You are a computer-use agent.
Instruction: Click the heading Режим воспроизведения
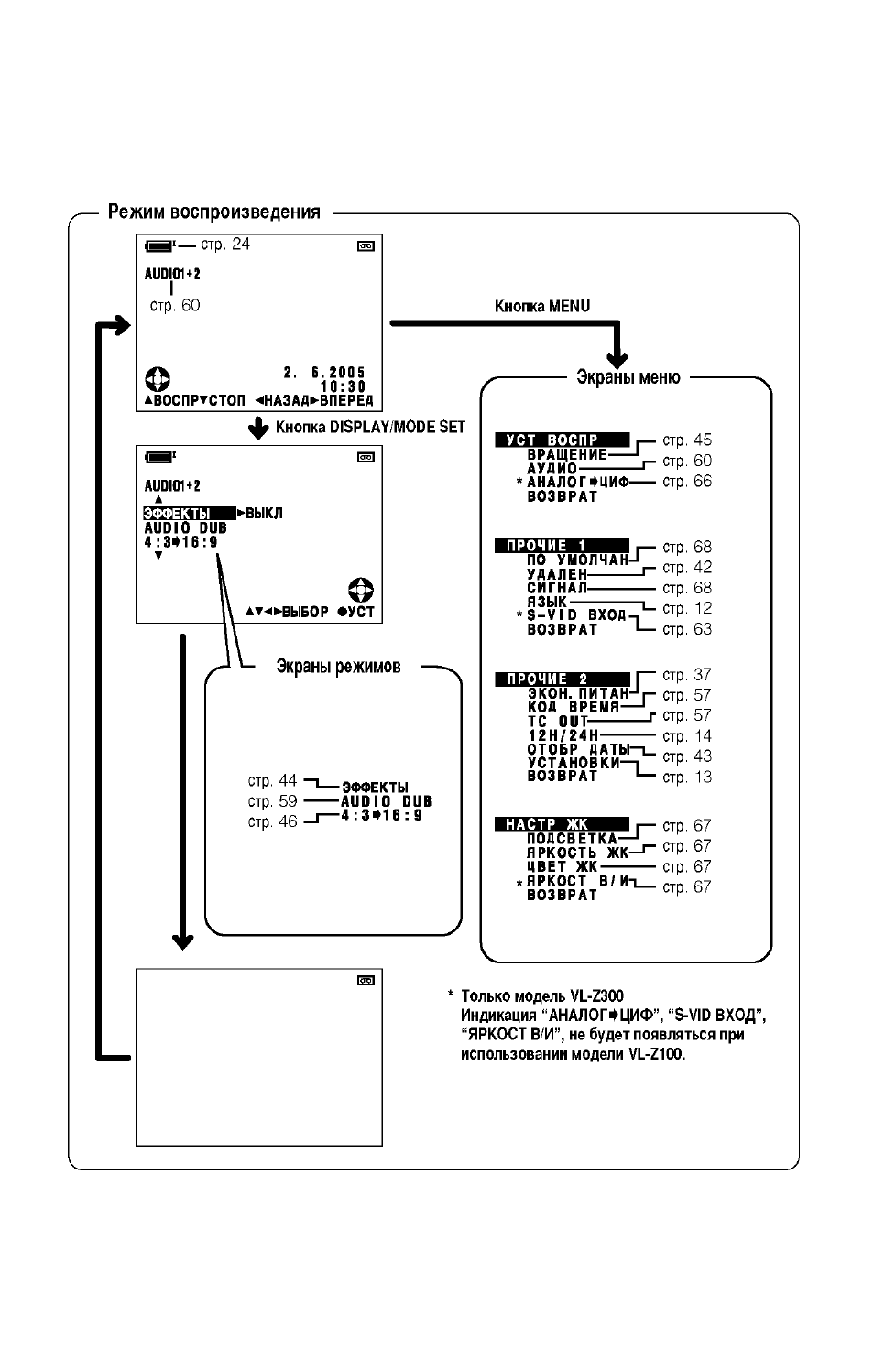click(x=213, y=212)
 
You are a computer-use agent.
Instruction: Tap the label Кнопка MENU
click(x=542, y=306)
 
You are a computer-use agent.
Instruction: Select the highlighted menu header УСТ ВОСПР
click(x=563, y=440)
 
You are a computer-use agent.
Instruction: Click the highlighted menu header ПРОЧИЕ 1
click(x=563, y=546)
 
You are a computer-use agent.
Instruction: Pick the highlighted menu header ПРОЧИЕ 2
click(x=563, y=679)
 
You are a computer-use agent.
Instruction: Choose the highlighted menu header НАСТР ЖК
click(x=563, y=824)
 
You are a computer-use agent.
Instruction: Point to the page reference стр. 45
click(x=687, y=440)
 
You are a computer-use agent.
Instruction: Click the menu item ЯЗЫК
click(x=547, y=601)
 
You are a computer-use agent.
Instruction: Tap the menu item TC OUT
click(x=558, y=721)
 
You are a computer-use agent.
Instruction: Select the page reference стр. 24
click(x=225, y=245)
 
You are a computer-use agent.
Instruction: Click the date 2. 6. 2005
click(x=324, y=373)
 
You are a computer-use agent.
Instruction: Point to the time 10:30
click(x=344, y=386)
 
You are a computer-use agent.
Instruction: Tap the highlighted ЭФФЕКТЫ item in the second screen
click(x=189, y=514)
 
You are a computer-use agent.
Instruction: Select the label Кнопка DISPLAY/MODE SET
click(x=370, y=428)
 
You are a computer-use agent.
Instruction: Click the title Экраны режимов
click(x=338, y=666)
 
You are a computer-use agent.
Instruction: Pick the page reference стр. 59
click(x=273, y=801)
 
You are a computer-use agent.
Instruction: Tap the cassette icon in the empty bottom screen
click(x=366, y=981)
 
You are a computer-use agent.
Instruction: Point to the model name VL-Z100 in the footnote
click(x=656, y=1054)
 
